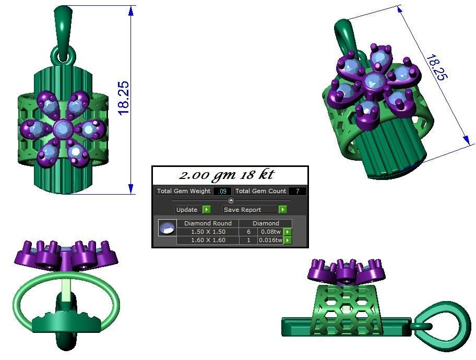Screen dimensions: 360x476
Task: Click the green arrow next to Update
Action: pos(206,210)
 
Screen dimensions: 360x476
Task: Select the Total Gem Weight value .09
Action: pos(222,191)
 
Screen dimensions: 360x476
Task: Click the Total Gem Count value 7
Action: pos(297,191)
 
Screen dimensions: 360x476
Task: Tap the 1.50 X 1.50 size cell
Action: pos(208,232)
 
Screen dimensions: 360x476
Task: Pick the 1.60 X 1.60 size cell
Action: pos(208,240)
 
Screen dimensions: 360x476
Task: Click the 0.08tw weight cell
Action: pos(270,232)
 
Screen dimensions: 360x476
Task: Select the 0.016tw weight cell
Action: pos(270,240)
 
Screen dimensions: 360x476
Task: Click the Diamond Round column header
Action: pos(208,223)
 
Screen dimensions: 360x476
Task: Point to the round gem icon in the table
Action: pos(167,228)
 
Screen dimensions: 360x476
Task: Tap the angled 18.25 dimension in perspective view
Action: pos(436,68)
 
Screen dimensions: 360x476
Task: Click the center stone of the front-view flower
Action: pos(63,128)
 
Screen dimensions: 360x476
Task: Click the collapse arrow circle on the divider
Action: pos(231,200)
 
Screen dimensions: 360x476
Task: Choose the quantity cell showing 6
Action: pos(248,232)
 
